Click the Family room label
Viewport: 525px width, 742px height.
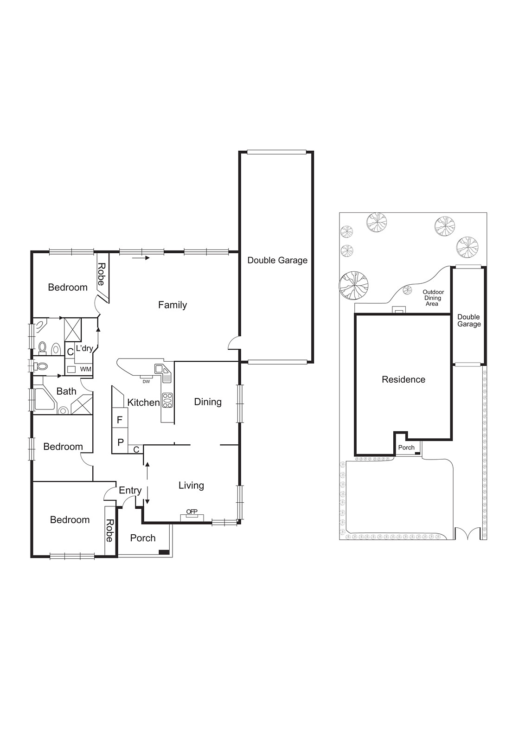click(x=172, y=305)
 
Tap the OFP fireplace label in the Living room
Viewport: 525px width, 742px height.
click(x=192, y=512)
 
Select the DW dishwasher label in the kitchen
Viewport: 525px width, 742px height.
click(x=146, y=382)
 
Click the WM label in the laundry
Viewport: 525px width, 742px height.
click(x=86, y=370)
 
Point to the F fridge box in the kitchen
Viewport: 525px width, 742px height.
click(x=120, y=420)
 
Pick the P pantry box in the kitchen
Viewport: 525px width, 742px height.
click(x=120, y=442)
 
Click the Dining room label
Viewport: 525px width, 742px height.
click(x=207, y=402)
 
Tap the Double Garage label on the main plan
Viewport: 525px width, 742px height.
click(x=277, y=261)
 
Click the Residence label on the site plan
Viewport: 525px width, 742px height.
click(x=403, y=380)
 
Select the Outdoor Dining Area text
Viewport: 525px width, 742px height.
click(x=433, y=298)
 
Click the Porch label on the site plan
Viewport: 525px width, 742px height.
click(x=406, y=448)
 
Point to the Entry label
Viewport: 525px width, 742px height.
click(x=130, y=491)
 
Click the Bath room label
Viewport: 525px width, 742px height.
click(x=66, y=391)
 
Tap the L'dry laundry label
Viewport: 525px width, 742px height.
click(x=84, y=348)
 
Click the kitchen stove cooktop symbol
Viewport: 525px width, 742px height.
click(x=167, y=400)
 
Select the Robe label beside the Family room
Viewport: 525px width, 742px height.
click(x=101, y=274)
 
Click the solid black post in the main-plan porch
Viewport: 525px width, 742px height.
click(x=164, y=552)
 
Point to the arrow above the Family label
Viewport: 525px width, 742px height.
click(x=141, y=258)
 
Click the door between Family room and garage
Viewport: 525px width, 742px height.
click(x=233, y=344)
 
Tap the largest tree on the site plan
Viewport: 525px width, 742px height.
click(x=353, y=285)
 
